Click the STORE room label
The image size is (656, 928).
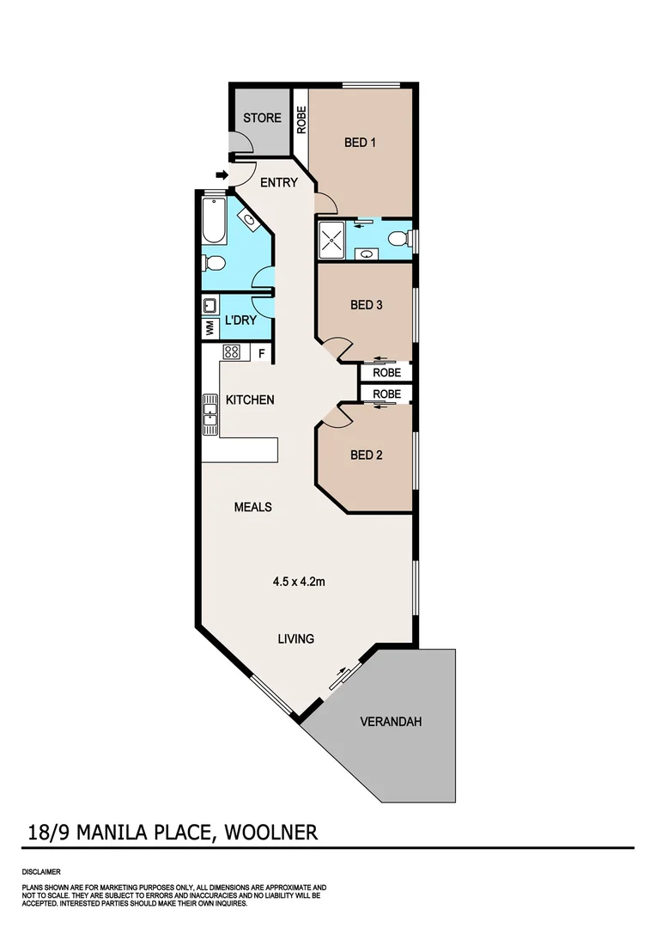coord(262,118)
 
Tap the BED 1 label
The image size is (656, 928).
coord(361,143)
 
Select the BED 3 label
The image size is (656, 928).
coord(367,305)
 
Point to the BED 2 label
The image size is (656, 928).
coord(367,455)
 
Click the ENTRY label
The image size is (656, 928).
coord(279,182)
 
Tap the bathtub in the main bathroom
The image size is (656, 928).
coord(213,221)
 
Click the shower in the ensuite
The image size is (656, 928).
coord(333,238)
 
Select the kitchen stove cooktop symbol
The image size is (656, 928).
coord(231,351)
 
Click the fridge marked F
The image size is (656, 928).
coord(261,351)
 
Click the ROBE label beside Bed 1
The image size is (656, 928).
coord(301,119)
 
